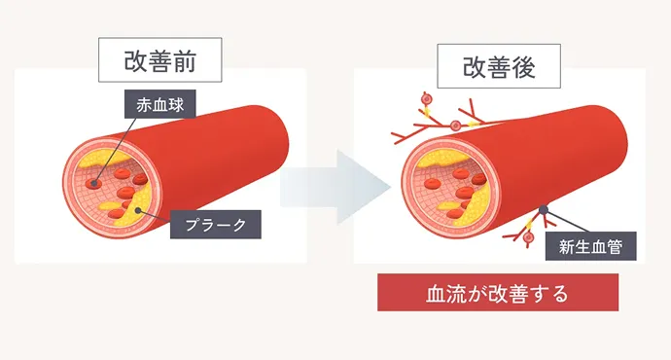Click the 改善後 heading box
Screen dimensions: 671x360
(499, 67)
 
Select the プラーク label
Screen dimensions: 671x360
(216, 226)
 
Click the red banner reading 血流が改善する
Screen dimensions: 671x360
(498, 292)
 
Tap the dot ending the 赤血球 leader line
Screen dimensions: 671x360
(93, 183)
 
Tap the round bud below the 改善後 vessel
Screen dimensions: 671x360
(528, 237)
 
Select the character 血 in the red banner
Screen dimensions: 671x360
(436, 292)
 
